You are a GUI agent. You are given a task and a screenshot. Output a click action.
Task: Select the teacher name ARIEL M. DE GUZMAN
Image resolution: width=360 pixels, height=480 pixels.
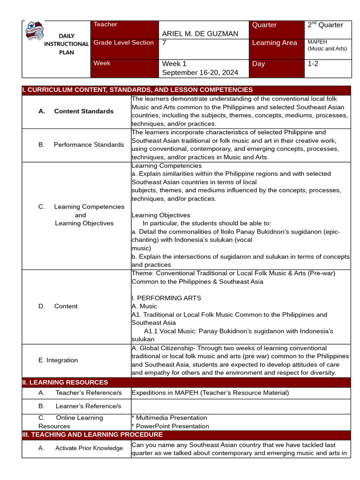200,34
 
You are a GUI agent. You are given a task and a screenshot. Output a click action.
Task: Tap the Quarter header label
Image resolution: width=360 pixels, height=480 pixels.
264,25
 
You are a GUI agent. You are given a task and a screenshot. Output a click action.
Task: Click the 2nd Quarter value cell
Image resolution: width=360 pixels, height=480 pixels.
325,25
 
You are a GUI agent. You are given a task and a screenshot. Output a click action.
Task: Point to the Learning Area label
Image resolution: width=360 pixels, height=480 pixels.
274,43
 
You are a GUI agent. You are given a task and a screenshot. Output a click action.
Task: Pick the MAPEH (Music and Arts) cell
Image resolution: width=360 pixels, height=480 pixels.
327,45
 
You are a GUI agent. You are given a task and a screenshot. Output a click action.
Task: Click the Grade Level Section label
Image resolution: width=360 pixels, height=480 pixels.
123,43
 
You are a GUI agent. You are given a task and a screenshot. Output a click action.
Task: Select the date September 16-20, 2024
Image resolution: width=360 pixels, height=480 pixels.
200,73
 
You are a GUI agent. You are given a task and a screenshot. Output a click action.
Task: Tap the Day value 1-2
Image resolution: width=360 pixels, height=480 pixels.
313,64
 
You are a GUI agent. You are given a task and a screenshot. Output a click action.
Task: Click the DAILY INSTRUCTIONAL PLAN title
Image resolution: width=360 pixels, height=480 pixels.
66,44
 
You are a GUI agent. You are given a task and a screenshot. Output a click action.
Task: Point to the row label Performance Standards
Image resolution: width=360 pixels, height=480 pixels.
89,145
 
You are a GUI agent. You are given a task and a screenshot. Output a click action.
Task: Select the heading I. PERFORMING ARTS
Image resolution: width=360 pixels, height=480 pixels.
166,298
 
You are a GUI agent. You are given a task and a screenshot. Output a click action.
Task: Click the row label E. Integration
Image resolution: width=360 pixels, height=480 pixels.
58,360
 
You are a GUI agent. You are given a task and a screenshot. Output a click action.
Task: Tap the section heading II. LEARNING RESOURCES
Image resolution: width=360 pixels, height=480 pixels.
65,382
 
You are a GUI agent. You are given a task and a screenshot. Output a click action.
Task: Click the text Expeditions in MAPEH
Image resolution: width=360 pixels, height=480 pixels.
210,393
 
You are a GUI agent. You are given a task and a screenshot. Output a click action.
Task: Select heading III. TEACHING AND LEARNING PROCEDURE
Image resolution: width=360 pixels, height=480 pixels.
86,435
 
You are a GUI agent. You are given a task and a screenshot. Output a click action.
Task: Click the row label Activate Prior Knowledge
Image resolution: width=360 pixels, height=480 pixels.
89,448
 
